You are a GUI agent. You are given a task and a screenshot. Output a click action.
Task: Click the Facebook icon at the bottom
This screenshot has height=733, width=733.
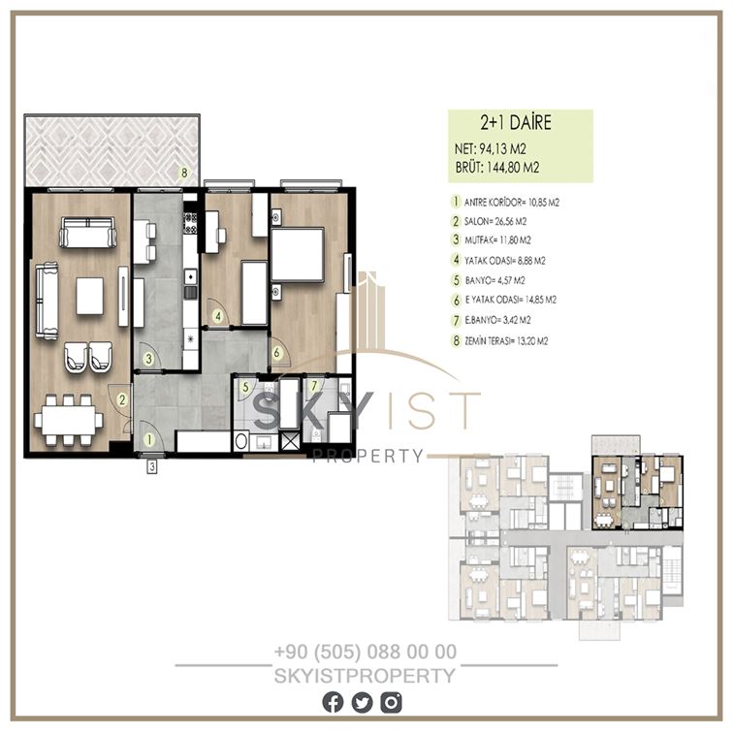[333, 702]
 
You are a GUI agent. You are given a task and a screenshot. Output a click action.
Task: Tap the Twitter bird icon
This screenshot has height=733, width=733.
[362, 702]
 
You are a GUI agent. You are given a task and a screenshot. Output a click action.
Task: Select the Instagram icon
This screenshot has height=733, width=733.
[391, 702]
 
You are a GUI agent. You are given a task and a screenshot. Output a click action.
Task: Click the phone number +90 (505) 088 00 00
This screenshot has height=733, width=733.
[366, 652]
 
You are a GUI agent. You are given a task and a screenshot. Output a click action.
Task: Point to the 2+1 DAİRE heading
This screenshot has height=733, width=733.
[516, 122]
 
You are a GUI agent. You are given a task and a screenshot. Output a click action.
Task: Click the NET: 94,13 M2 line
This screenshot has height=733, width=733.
[491, 149]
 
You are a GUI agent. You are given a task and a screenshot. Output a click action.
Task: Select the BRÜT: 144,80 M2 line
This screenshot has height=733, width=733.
[497, 168]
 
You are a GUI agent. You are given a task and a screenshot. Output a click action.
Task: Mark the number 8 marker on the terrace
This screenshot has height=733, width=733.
[184, 173]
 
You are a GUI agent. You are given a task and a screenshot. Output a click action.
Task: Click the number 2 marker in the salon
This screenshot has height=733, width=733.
[122, 399]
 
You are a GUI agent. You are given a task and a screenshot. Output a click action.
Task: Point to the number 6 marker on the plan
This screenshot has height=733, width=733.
[276, 353]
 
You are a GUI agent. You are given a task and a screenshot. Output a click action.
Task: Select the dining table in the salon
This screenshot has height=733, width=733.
[69, 420]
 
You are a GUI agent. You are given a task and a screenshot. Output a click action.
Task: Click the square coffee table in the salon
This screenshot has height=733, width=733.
[90, 296]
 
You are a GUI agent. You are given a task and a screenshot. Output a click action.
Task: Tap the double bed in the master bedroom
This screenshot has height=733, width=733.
[298, 254]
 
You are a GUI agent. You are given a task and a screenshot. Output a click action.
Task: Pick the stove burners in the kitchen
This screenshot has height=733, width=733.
[190, 223]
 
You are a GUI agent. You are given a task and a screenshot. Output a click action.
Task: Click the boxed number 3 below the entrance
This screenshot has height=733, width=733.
[151, 466]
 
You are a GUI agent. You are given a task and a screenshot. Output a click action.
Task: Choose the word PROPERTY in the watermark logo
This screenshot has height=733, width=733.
[367, 456]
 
